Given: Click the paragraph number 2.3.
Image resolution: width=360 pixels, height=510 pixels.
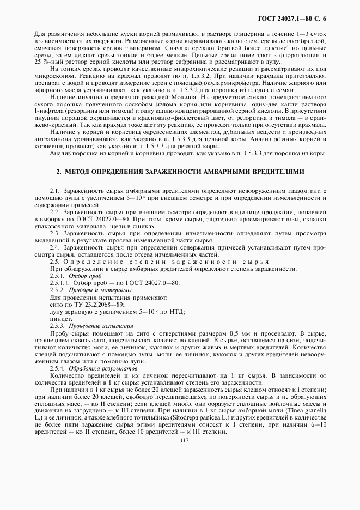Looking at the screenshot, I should pos(56,232).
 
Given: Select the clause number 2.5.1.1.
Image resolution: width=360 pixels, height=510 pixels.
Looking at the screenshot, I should pos(60,283).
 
